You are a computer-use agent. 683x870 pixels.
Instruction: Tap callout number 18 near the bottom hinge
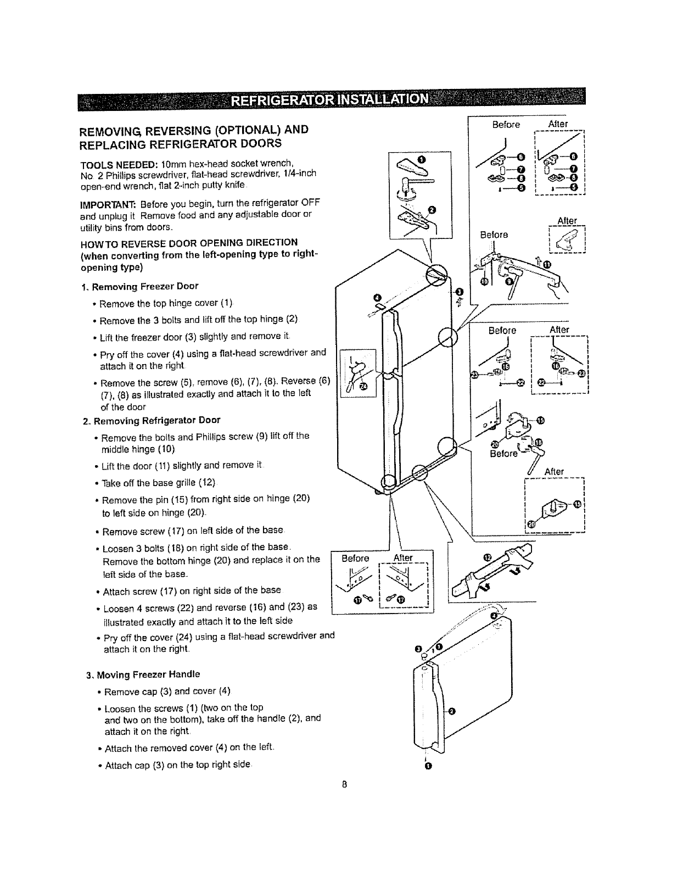pos(538,442)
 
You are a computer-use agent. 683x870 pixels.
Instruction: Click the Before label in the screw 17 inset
pos(355,559)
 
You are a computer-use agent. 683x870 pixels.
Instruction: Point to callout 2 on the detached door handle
pos(451,712)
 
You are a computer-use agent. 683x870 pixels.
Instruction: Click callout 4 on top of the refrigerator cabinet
pos(377,298)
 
